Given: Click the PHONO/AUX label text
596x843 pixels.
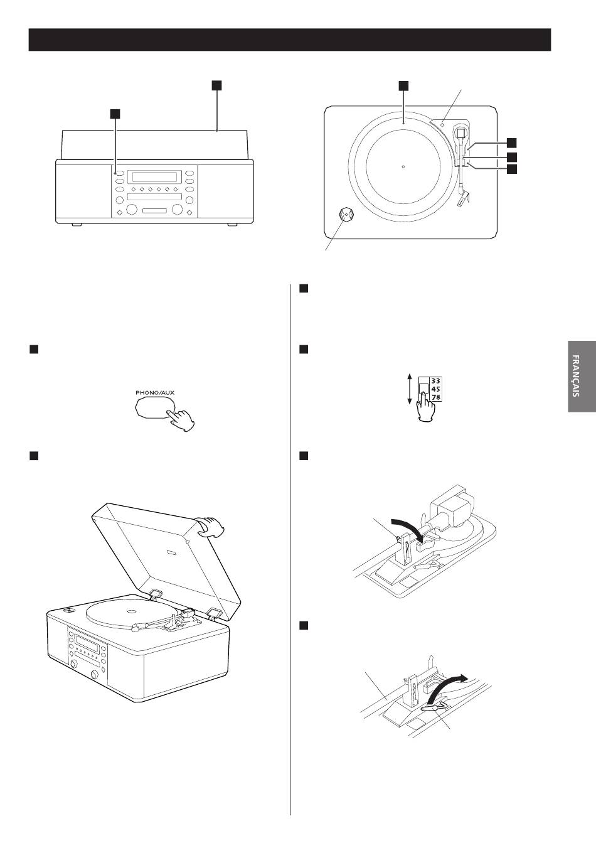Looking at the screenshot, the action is pyautogui.click(x=155, y=392).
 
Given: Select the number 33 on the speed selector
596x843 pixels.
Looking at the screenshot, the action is pyautogui.click(x=436, y=380).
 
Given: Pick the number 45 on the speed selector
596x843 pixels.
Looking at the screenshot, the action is pyautogui.click(x=436, y=389).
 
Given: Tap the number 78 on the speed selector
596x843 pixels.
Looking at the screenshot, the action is pyautogui.click(x=436, y=397).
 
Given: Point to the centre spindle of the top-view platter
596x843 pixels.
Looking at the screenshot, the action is pyautogui.click(x=403, y=167).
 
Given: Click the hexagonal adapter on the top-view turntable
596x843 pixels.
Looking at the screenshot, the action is pyautogui.click(x=346, y=215).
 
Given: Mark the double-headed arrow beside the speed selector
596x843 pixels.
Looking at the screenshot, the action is pyautogui.click(x=410, y=389).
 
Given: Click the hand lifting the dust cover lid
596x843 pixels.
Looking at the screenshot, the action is pyautogui.click(x=211, y=527).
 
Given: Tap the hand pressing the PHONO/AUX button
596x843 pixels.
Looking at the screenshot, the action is pyautogui.click(x=181, y=420).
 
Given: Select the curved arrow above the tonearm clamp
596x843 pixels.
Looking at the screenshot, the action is pyautogui.click(x=409, y=528).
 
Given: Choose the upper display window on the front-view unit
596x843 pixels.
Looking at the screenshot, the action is pyautogui.click(x=154, y=176).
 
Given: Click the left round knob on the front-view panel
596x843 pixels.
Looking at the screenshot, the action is pyautogui.click(x=132, y=210).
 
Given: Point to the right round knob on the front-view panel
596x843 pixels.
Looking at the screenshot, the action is pyautogui.click(x=177, y=210).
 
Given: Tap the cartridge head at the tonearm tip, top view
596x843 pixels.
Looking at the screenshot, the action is pyautogui.click(x=463, y=198).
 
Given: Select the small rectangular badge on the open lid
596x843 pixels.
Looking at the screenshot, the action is pyautogui.click(x=172, y=553).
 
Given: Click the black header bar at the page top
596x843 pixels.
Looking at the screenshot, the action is pyautogui.click(x=290, y=40).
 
